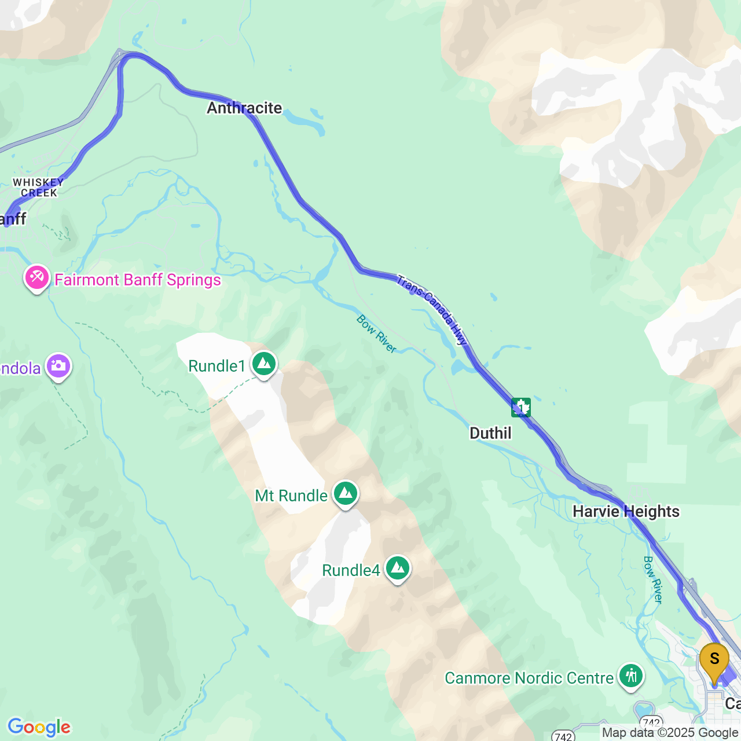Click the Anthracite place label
pos(244,108)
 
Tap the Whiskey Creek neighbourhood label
pos(39,188)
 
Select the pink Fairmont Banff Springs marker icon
pos(36,278)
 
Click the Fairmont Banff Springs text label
pos(138,280)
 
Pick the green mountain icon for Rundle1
pos(264,364)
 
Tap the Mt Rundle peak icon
pos(346,494)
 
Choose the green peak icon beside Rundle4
pos(398,568)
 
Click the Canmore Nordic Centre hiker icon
pos(630,676)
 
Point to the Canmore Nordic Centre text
pos(529,678)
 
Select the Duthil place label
pos(490,433)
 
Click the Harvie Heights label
pos(626,511)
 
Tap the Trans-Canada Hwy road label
pos(432,310)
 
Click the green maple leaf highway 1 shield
pos(521,408)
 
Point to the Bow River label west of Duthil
pos(376,334)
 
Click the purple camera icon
pos(58,366)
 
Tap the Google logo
pos(39,727)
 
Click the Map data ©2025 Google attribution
pos(670,733)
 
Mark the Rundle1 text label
pos(217,366)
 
